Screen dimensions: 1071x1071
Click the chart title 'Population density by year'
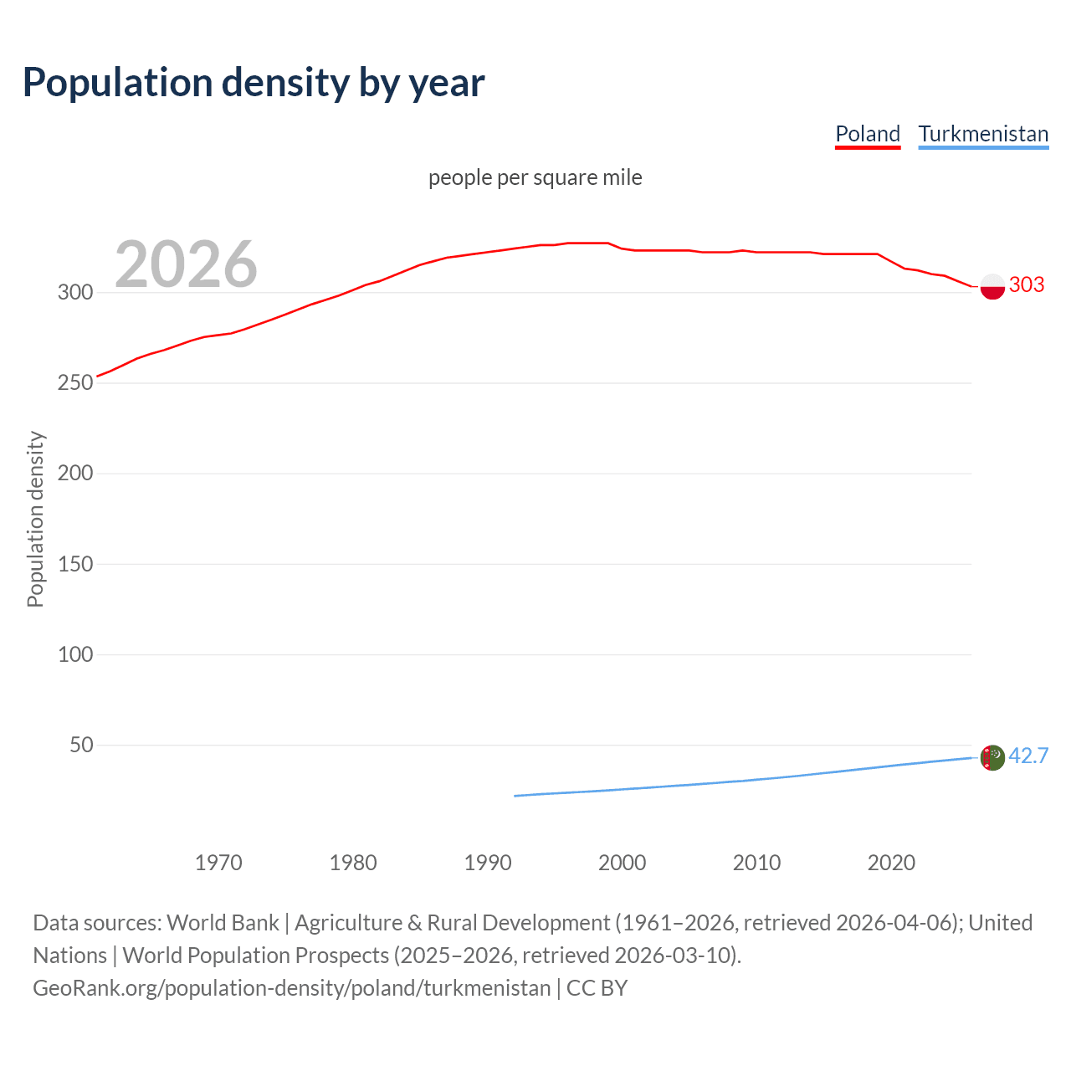[x=254, y=83]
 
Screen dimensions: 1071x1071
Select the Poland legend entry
[x=868, y=134]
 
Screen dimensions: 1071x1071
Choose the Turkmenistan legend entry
[x=983, y=134]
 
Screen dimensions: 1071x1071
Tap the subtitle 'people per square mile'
[x=535, y=177]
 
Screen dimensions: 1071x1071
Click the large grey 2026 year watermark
[x=186, y=264]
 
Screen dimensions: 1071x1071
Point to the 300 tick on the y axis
[x=74, y=292]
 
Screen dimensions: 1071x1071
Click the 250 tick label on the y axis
[x=74, y=382]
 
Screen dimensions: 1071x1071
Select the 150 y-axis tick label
[x=74, y=564]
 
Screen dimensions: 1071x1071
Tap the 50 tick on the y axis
[x=81, y=745]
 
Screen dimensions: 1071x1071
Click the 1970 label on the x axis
[x=218, y=863]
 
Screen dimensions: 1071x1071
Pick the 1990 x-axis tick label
[x=488, y=863]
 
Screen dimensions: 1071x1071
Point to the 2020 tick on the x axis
[x=891, y=863]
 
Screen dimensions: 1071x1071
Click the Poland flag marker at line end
[x=992, y=286]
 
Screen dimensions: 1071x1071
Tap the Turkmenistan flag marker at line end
[x=992, y=757]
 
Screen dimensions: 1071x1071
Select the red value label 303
[x=1027, y=284]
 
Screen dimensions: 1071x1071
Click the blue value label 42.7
[x=1028, y=756]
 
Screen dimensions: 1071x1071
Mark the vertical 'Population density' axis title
[x=35, y=519]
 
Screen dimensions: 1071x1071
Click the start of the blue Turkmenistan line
[x=515, y=796]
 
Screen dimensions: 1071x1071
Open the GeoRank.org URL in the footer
[x=291, y=988]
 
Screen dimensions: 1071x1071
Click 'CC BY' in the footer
[x=597, y=988]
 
